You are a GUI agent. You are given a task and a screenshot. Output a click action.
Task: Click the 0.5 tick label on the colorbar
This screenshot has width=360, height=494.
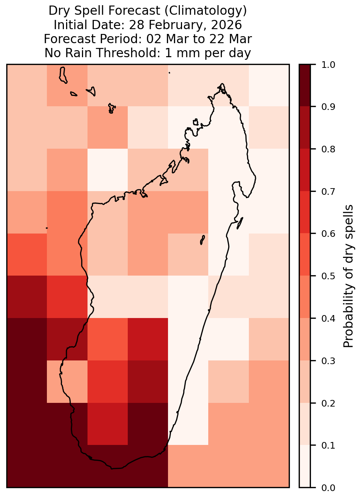(x=328, y=276)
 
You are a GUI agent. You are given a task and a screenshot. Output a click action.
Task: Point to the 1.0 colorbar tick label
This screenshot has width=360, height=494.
(x=328, y=65)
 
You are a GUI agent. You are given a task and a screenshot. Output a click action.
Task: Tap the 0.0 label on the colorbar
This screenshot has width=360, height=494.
(x=328, y=488)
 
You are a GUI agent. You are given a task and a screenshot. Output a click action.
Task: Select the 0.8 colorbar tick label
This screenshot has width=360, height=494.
(x=328, y=149)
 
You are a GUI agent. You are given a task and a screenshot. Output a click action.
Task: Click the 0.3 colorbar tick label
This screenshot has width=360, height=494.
(x=328, y=360)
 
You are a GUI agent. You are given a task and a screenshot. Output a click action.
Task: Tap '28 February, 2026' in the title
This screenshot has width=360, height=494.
(x=185, y=25)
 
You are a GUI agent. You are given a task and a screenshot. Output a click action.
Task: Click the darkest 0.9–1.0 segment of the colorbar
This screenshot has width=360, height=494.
(x=305, y=85)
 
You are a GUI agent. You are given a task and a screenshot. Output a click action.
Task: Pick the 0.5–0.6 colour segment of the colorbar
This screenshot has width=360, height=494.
(x=305, y=255)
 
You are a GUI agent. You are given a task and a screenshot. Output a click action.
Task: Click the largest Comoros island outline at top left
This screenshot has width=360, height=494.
(x=63, y=75)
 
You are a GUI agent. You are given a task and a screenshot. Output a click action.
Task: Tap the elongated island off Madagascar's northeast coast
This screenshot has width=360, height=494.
(x=240, y=223)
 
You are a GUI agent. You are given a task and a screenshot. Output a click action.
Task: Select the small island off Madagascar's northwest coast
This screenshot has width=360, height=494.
(x=195, y=122)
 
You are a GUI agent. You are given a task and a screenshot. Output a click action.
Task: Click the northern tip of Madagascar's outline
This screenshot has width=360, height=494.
(x=222, y=84)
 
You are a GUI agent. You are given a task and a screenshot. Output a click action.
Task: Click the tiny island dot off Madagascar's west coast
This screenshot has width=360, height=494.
(x=47, y=228)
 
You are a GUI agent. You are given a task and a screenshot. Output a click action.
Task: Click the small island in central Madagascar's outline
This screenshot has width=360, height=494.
(x=202, y=240)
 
